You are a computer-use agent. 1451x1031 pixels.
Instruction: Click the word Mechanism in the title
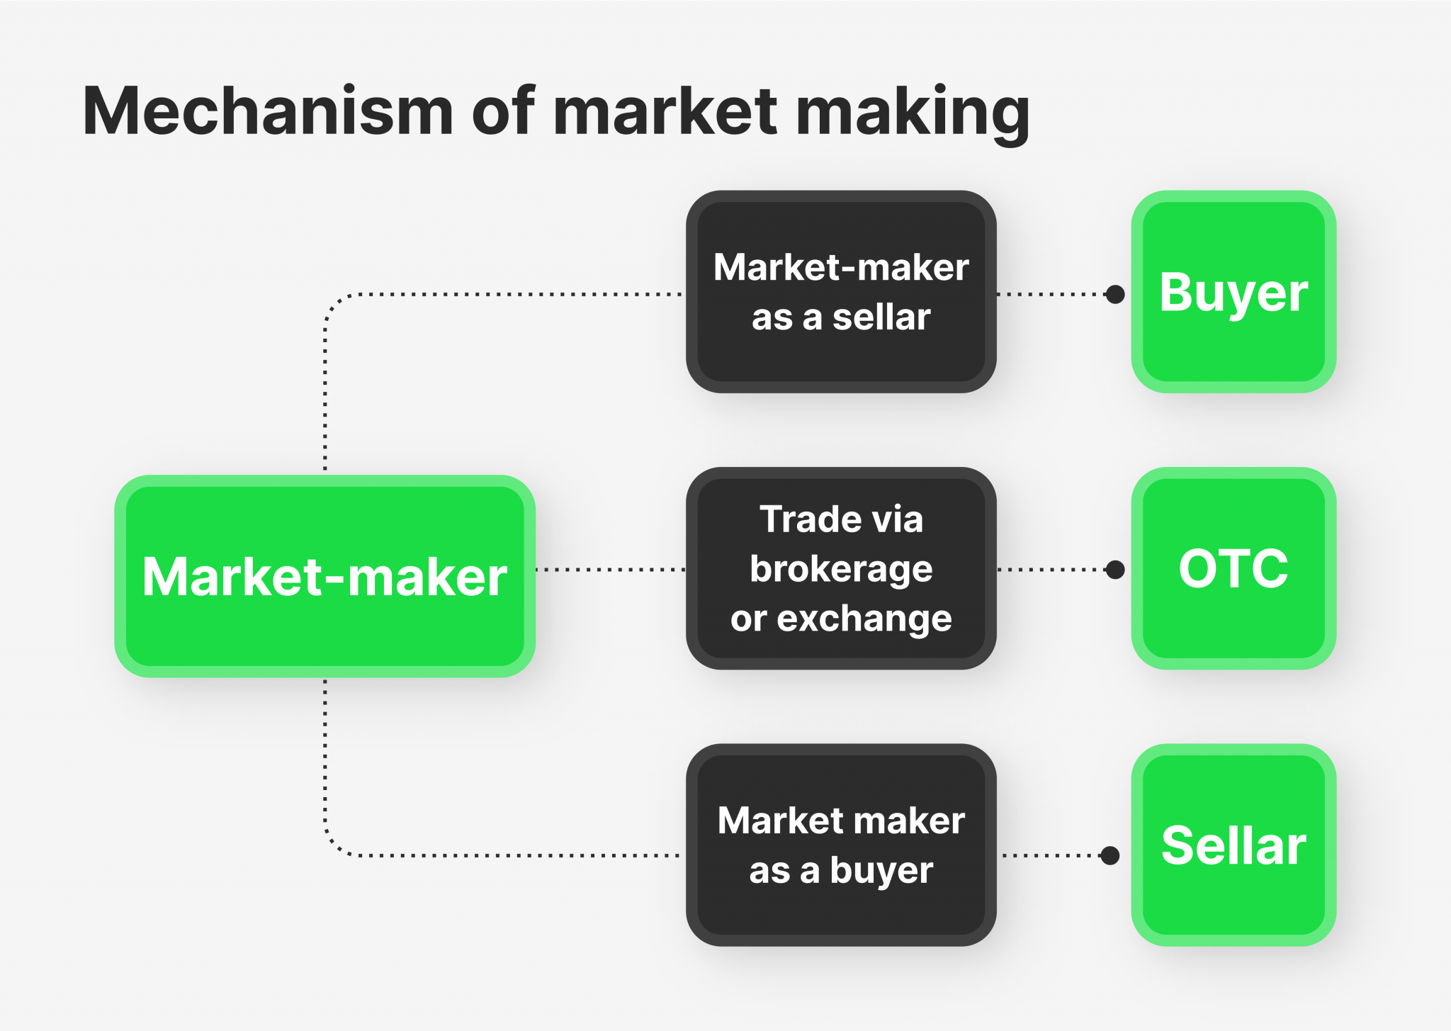pos(268,111)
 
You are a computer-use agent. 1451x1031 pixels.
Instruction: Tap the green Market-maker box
pos(324,576)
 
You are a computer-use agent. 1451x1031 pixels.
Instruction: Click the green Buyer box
pos(1233,292)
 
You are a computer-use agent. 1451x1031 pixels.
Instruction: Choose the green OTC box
pos(1233,568)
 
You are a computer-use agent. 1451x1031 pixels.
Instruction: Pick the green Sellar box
pos(1233,845)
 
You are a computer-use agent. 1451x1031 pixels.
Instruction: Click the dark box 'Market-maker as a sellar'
pos(841,292)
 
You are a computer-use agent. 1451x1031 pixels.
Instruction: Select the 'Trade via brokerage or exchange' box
pos(841,568)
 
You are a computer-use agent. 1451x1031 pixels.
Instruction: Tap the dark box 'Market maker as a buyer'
pos(841,845)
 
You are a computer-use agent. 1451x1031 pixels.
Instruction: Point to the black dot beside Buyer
pos(1115,294)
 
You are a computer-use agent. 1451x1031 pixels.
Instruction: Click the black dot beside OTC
pos(1115,569)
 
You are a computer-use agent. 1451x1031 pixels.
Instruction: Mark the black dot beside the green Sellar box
pos(1110,855)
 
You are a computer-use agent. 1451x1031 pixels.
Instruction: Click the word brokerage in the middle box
pos(841,570)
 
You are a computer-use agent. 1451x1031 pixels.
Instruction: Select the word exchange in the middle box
pos(864,619)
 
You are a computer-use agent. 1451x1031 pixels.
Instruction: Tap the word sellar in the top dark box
pos(881,317)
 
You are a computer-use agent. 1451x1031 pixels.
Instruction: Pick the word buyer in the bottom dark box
pos(881,871)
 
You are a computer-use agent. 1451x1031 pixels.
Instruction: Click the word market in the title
pos(666,111)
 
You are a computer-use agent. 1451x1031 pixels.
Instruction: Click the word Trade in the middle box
pos(802,519)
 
